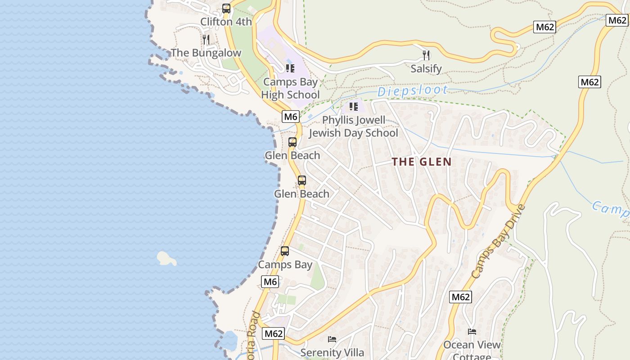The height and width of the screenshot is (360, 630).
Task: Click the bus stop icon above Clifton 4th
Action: point(226,9)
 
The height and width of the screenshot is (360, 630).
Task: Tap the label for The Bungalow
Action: point(206,53)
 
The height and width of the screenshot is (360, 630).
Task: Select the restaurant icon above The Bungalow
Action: point(206,40)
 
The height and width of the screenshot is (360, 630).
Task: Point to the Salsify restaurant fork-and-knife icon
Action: point(426,55)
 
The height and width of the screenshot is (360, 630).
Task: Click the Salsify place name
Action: point(426,69)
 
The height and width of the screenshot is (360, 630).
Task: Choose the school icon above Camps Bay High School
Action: point(290,68)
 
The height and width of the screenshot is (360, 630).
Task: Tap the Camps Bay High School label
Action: point(290,88)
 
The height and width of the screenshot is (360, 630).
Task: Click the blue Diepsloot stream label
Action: point(412,91)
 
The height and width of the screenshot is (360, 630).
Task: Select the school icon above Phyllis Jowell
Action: point(354,107)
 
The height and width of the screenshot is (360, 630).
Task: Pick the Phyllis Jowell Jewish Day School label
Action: point(354,126)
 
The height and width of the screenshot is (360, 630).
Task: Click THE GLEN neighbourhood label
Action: point(422,162)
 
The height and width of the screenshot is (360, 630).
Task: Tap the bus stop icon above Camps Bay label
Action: point(285,251)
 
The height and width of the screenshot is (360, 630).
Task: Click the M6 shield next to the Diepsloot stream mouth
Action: point(291,117)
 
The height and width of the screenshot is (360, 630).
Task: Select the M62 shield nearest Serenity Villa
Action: point(274,333)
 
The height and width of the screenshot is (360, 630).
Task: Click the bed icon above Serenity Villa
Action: point(332,339)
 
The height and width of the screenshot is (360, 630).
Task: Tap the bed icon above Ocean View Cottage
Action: point(472,332)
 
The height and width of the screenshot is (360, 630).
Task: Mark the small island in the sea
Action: point(166,258)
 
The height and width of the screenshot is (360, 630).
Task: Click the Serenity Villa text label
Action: point(332,352)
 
